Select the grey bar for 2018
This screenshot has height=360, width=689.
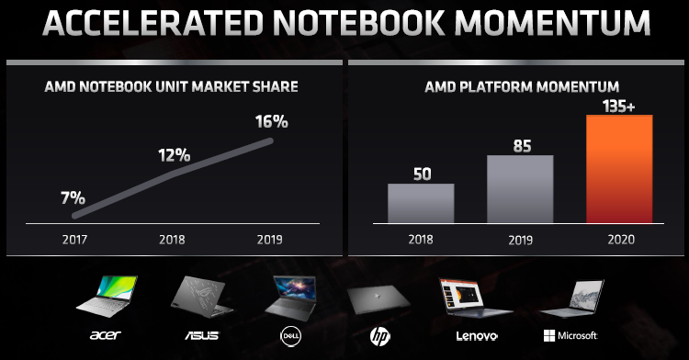pos(420,202)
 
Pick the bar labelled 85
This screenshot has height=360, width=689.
pos(519,188)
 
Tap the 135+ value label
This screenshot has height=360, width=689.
pos(618,101)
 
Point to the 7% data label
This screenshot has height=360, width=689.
pos(73,197)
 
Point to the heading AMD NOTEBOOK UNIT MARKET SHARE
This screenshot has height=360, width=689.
pos(171,87)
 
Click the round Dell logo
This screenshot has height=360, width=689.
pos(288,336)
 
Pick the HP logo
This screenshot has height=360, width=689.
pos(376,336)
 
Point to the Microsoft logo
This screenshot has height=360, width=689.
pos(571,336)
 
